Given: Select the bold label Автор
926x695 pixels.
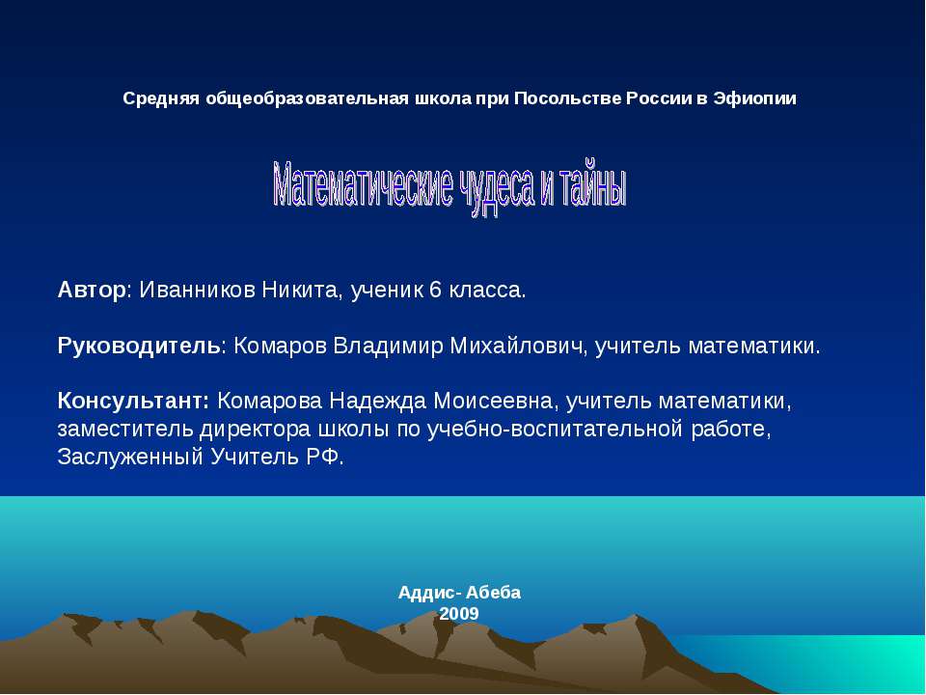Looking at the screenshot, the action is pos(92,290).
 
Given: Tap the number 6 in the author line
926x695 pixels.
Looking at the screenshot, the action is pos(436,290).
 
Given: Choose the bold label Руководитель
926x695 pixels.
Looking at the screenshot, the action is pos(140,346).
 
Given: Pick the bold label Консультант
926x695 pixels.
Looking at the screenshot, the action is pos(133,401).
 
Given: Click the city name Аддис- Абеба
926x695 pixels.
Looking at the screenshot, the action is pos(459,593).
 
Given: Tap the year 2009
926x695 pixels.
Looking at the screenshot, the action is pos(459,614).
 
